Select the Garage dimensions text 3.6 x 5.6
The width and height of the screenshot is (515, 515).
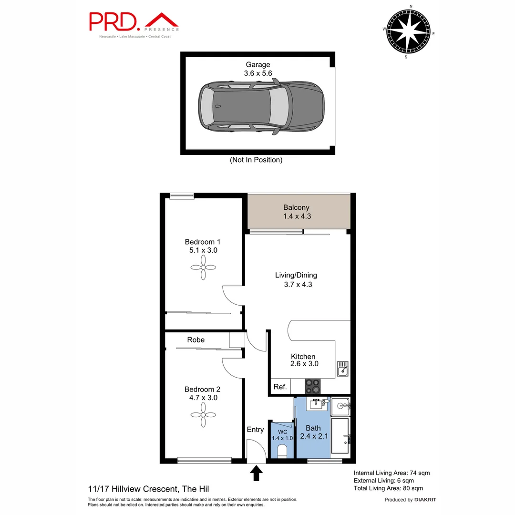click(x=257, y=73)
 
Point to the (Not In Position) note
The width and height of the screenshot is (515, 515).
click(x=256, y=160)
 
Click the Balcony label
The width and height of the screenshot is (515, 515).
click(x=296, y=207)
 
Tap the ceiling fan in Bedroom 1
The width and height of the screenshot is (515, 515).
click(x=203, y=268)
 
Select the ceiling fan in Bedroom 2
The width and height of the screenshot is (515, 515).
click(x=203, y=414)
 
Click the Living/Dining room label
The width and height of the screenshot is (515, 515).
click(x=296, y=275)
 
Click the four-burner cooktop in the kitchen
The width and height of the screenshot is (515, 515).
click(x=312, y=385)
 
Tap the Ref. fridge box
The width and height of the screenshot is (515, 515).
click(x=280, y=387)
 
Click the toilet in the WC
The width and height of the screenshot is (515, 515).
click(x=282, y=450)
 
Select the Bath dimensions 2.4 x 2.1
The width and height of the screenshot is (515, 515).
click(x=313, y=436)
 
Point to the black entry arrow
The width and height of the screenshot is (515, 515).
click(x=257, y=473)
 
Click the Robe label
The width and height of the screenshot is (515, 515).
click(x=196, y=340)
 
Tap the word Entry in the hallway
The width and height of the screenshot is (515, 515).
click(x=255, y=430)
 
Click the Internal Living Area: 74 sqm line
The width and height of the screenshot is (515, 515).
click(x=391, y=473)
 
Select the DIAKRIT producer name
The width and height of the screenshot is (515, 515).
click(x=425, y=500)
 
